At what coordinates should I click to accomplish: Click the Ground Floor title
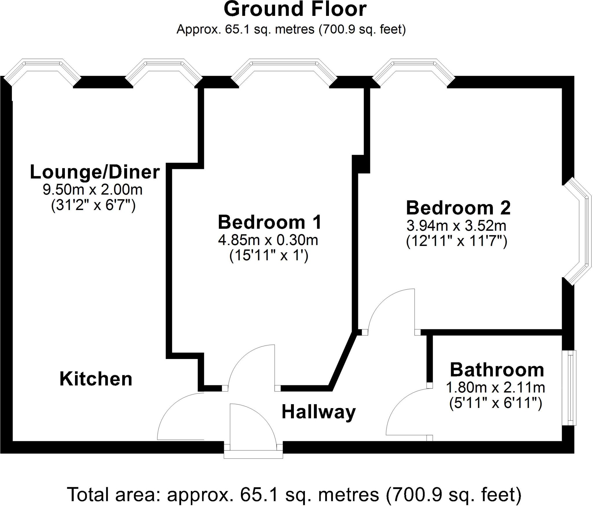click(x=295, y=10)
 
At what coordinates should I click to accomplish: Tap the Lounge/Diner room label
click(x=95, y=172)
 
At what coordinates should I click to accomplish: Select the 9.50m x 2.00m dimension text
click(x=93, y=190)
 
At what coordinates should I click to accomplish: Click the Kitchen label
click(x=96, y=379)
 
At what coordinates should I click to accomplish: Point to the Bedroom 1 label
click(x=270, y=222)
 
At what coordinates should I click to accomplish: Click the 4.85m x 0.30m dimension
click(x=268, y=240)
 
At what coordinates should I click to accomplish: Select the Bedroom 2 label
click(x=458, y=208)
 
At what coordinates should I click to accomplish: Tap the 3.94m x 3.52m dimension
click(x=456, y=226)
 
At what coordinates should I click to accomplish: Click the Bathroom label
click(x=497, y=370)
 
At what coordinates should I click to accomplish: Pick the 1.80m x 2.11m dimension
click(x=495, y=387)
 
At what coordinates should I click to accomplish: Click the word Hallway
click(x=319, y=412)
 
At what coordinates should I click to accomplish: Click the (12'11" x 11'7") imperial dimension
click(x=457, y=242)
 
